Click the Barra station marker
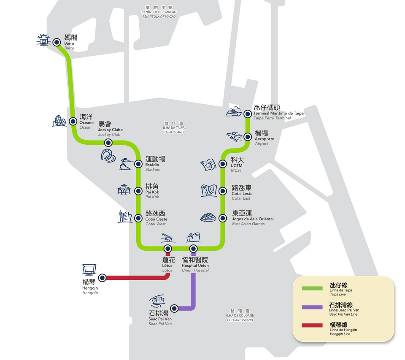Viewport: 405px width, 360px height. coord(56,42)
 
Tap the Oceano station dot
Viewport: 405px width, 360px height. coord(73,120)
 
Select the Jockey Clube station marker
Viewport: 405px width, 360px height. coord(108,143)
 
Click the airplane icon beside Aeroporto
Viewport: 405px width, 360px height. coord(234,136)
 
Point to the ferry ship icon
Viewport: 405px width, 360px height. coord(234,112)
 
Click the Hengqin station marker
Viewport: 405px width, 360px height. coord(103,278)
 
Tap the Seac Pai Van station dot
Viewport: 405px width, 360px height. coord(174,309)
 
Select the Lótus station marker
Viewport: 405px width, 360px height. coord(167,248)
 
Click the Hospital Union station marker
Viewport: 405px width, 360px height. coord(193,248)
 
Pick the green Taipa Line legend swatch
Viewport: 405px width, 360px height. coord(312,289)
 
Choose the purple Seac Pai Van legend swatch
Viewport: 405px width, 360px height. coord(312,307)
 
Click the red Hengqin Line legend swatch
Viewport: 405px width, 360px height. coord(312,325)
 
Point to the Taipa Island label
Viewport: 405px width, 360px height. coord(174,127)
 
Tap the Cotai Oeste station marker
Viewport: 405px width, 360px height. coord(138,218)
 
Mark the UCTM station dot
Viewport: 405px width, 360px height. coord(223,164)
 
